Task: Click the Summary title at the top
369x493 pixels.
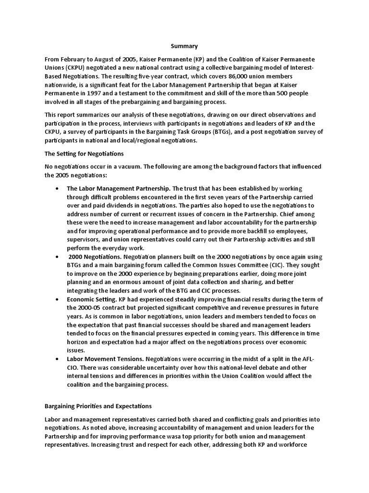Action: coord(184,46)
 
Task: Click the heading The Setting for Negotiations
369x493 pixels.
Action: coord(84,154)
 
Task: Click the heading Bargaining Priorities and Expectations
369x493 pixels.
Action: coord(98,406)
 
